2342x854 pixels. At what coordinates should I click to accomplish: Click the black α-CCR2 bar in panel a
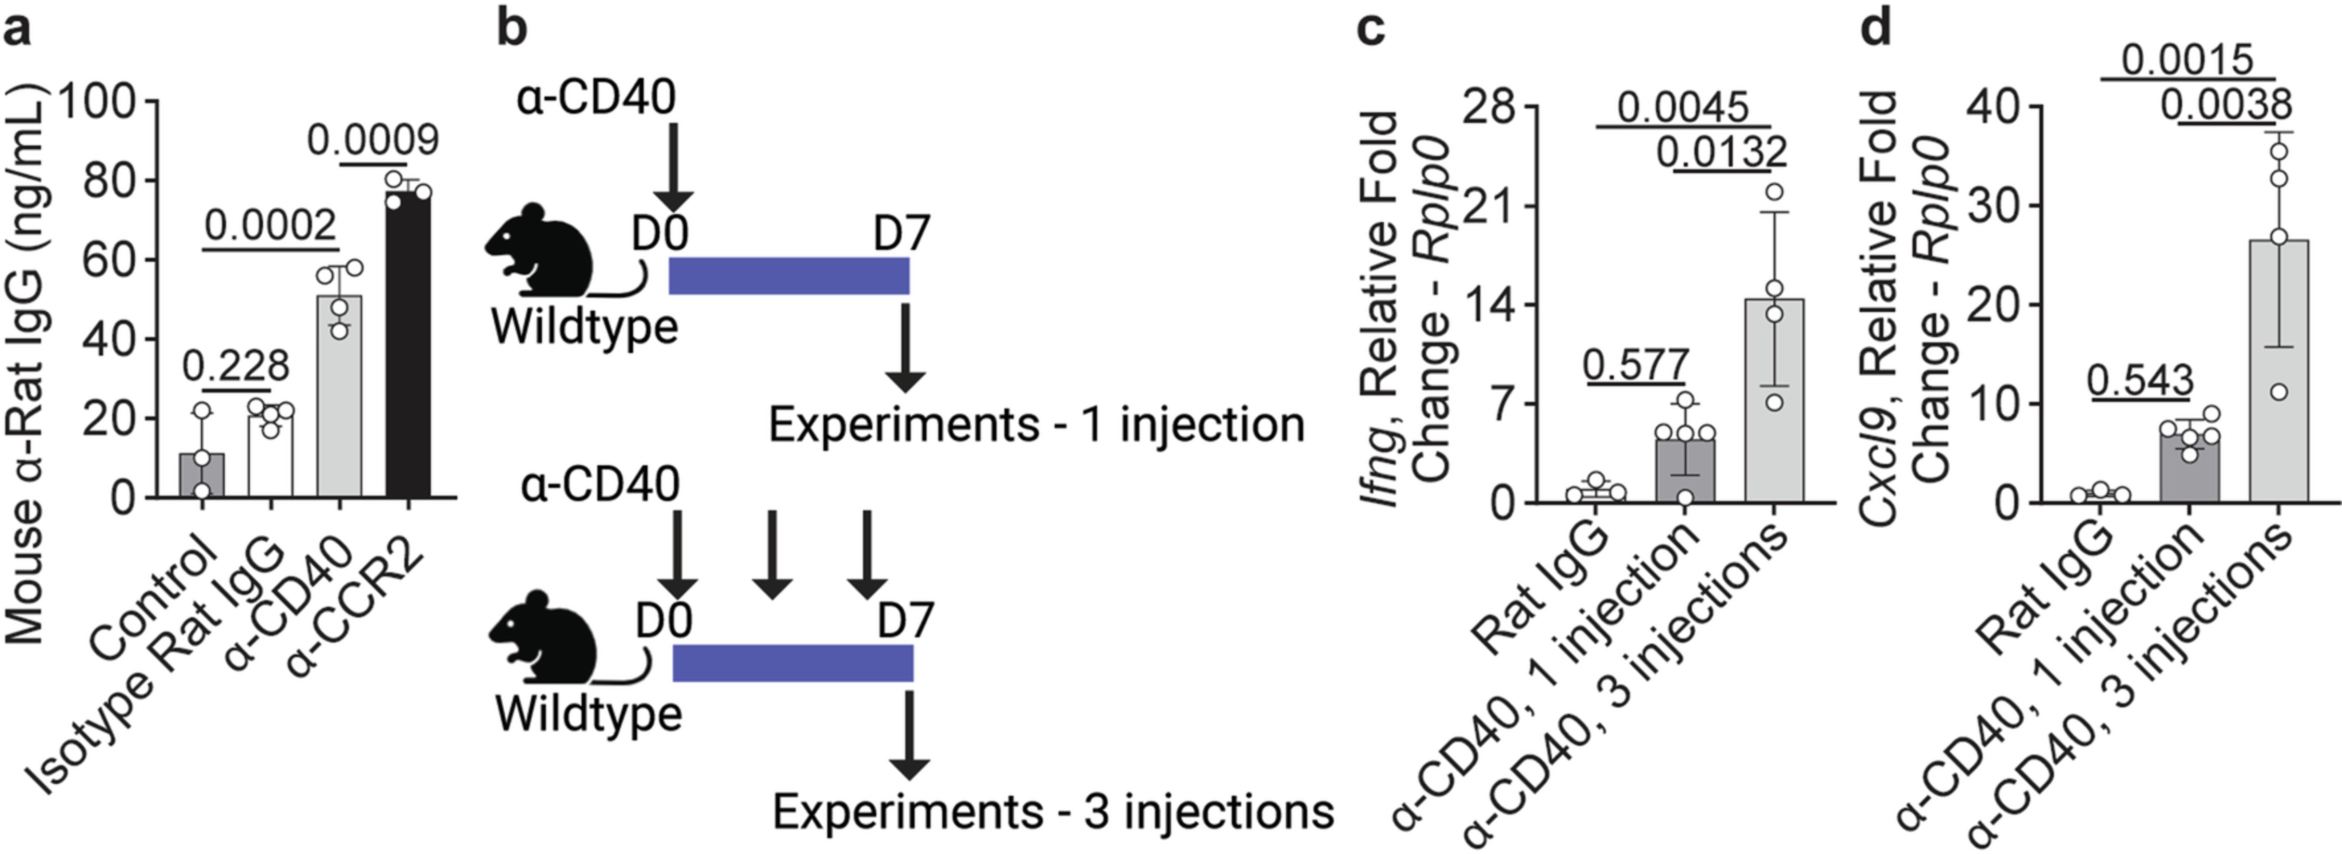(407, 346)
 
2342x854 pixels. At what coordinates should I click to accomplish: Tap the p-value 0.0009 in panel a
(373, 140)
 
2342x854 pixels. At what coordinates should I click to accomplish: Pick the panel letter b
(512, 29)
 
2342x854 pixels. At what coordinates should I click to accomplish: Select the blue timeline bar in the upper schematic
(788, 276)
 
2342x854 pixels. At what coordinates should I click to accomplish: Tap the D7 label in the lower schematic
(905, 621)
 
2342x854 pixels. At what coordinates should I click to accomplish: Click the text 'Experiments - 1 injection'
(1036, 425)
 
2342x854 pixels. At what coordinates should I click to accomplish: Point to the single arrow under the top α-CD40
(674, 168)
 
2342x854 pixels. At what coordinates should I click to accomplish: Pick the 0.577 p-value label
(1635, 365)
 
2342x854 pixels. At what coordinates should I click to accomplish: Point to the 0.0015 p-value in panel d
(2187, 60)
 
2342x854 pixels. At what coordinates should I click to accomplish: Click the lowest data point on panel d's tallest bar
(2279, 392)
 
